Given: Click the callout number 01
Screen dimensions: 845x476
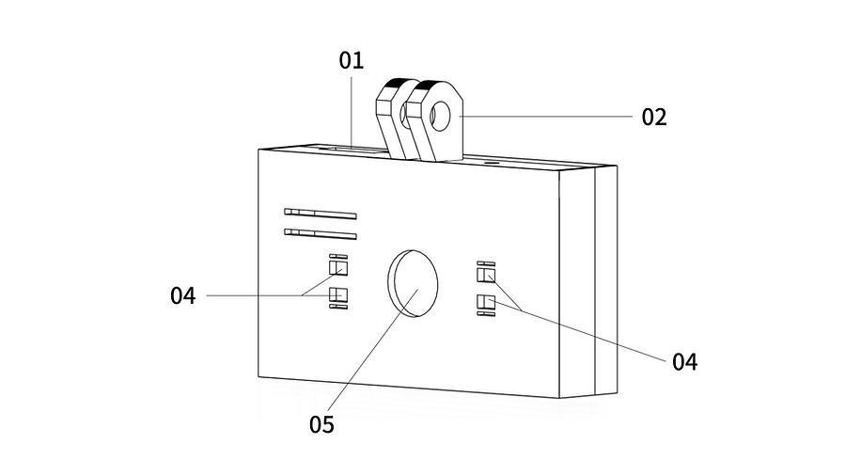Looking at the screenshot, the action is tap(352, 60).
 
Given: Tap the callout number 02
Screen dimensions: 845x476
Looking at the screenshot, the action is tap(653, 117).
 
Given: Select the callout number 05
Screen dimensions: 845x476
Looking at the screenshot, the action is tap(321, 425).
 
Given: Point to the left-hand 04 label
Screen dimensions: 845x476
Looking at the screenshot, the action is tap(182, 295).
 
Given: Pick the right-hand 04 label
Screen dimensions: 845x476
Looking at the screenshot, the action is tap(684, 362).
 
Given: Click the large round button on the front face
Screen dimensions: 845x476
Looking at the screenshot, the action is tap(413, 283).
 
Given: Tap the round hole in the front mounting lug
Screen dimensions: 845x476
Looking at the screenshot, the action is tap(441, 116).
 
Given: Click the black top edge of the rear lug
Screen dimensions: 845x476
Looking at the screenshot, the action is tap(398, 83).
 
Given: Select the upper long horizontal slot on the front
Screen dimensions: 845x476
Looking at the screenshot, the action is tap(321, 214).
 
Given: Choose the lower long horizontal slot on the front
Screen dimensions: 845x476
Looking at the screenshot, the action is tap(321, 234).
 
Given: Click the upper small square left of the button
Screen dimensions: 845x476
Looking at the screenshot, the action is tap(337, 267).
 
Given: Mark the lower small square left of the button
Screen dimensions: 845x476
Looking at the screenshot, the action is tap(337, 294).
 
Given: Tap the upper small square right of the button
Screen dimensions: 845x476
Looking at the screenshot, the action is tap(486, 275).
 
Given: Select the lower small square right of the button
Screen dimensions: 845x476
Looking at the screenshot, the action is tap(486, 302).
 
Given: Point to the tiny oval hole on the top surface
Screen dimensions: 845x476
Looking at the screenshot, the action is tap(490, 161).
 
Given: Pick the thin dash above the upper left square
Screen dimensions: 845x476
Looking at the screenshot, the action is tap(338, 256).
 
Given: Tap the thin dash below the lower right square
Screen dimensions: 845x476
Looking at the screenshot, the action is tap(486, 314).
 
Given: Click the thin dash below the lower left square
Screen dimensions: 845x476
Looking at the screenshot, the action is tap(338, 307).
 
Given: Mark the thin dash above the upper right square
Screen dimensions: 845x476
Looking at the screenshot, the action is tap(486, 263).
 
